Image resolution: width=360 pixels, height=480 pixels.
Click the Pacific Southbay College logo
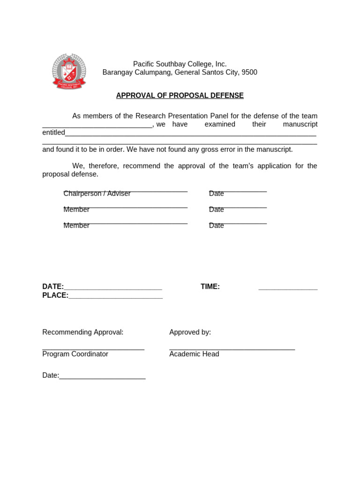pos(69,71)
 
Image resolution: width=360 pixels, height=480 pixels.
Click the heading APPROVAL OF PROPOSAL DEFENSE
pos(180,96)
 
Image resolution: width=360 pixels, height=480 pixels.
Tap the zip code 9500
pos(249,73)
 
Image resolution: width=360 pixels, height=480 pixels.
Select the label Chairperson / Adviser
pos(97,194)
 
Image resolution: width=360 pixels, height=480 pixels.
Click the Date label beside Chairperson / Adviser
pos(217,194)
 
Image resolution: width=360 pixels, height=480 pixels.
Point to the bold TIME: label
pos(210,287)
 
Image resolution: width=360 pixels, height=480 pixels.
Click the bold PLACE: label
pos(55,295)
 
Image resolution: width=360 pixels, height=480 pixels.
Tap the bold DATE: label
pos(53,287)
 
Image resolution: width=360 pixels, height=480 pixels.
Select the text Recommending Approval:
pos(83,332)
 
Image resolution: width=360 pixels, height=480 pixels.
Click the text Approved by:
pos(190,332)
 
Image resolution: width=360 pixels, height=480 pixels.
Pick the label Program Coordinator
pos(75,354)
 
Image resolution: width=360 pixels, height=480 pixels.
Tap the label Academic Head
pos(194,354)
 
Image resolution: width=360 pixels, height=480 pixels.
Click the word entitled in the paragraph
pos(53,133)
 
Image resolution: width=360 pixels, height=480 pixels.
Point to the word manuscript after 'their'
pos(300,124)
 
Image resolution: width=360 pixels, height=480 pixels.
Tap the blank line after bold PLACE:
pos(116,297)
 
